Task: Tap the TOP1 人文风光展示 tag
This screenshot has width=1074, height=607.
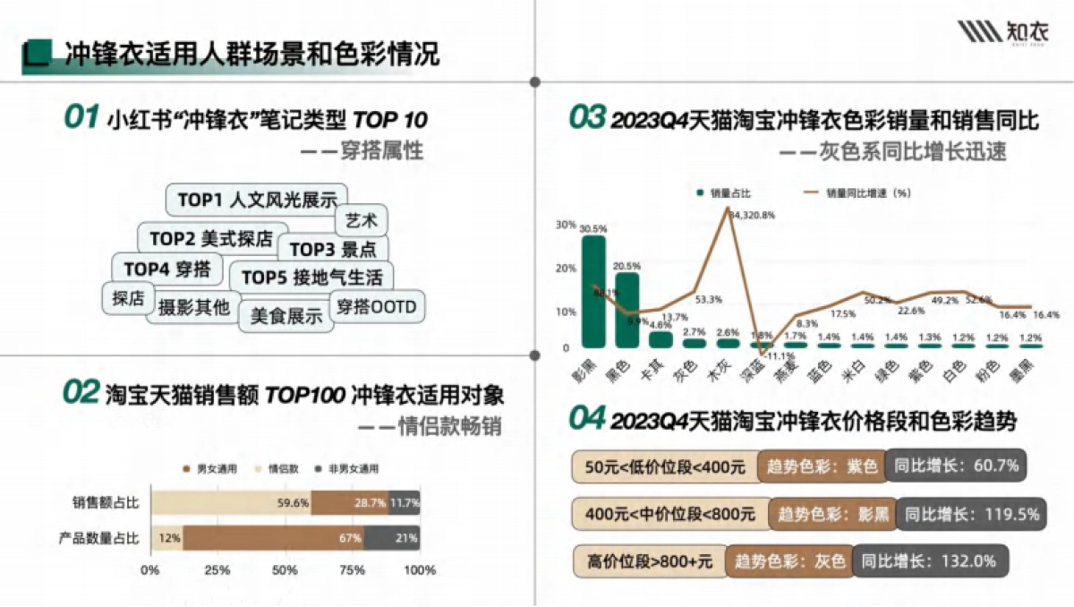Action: point(257,200)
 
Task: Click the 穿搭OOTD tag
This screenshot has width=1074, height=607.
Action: point(377,306)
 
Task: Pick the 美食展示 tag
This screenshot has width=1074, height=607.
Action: point(286,315)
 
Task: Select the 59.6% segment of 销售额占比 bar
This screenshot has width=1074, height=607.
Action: point(231,503)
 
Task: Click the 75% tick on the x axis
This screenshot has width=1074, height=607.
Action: point(352,570)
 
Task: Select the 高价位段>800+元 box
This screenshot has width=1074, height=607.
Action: point(649,561)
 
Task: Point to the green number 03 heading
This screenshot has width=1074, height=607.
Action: point(587,119)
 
